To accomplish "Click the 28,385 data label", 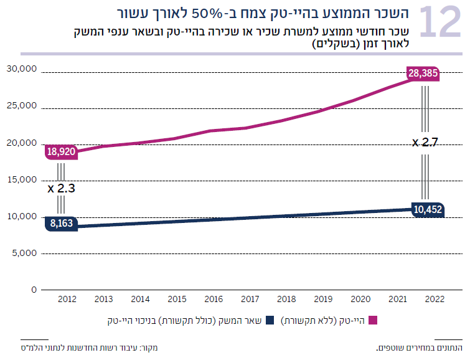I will coord(423,73).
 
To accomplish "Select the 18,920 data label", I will coord(61,151).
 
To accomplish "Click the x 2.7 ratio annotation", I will coord(425,143).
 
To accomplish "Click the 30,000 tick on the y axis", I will coord(21,69).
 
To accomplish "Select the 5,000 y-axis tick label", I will coord(24,253).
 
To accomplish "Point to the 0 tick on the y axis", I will coord(34,290).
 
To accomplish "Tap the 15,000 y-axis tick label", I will coord(21,180).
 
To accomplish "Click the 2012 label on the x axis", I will coord(67,300).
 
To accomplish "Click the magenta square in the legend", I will coord(374,321).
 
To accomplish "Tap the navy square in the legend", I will coord(270,321).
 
